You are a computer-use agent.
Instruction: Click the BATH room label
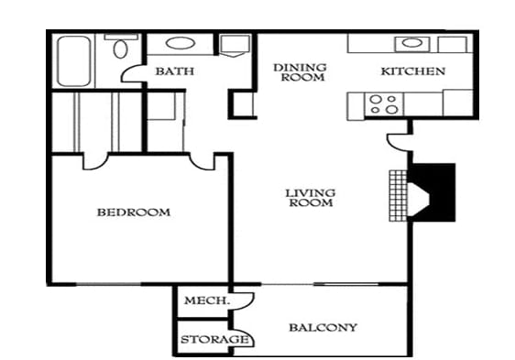pos(172,71)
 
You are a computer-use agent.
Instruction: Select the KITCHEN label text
pos(412,71)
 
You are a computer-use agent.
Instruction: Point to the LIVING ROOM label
pos(309,197)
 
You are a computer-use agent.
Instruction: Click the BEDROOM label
pos(133,213)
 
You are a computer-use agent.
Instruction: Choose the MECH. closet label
pos(205,301)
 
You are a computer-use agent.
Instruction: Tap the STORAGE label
pos(214,340)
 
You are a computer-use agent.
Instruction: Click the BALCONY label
pos(323,327)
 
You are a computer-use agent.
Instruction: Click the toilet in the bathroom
pos(118,49)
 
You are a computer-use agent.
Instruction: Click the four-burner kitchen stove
pos(382,103)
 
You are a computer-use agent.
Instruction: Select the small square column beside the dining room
pos(243,103)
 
